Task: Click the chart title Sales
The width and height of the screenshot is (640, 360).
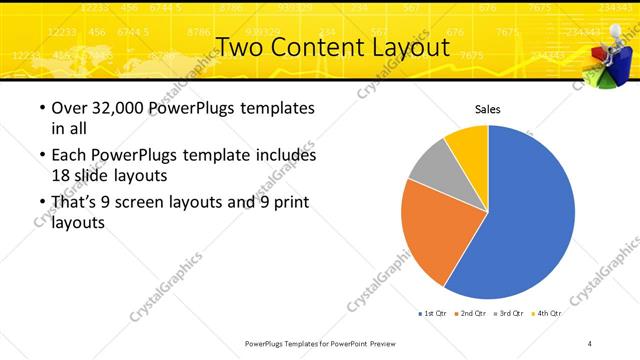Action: click(487, 110)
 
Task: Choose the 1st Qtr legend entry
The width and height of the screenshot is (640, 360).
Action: click(433, 313)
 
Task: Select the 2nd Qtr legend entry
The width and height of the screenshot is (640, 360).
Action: click(471, 313)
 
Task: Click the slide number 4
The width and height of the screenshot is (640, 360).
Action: click(590, 343)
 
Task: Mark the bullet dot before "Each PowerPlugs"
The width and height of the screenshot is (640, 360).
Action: click(41, 156)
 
